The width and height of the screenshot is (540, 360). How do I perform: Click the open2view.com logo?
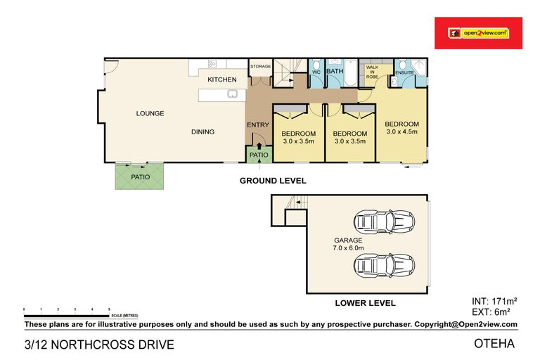(x=478, y=33)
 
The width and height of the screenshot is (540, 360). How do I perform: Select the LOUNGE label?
(x=150, y=113)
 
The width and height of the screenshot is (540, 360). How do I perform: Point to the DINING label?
(x=202, y=131)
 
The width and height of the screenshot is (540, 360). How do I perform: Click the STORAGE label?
(x=260, y=66)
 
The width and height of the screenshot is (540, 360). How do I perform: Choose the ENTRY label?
(x=257, y=125)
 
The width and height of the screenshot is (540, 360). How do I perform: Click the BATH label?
(x=335, y=71)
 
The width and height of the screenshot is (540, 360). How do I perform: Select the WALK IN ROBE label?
(x=372, y=71)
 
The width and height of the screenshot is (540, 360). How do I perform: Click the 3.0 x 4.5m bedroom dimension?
(x=401, y=131)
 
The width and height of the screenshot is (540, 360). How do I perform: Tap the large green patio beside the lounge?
(x=139, y=176)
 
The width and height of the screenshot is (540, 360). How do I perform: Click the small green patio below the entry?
(x=257, y=154)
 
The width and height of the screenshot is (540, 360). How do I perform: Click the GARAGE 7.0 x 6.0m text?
(x=348, y=244)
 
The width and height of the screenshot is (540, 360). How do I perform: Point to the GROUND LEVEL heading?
(x=273, y=181)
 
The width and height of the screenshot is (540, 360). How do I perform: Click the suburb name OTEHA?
(x=495, y=344)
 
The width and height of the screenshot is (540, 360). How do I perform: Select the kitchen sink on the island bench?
(x=231, y=94)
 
